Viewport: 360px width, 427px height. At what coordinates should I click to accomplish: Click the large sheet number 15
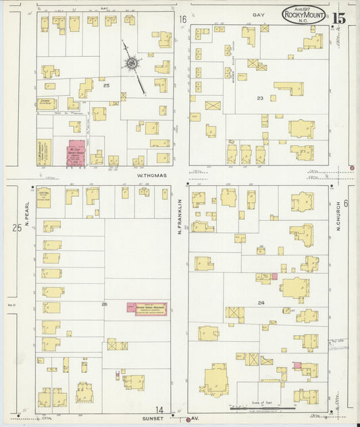point(338,18)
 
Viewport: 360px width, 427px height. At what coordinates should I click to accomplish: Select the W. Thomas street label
point(151,175)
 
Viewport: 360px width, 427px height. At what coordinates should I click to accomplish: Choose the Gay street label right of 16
point(259,14)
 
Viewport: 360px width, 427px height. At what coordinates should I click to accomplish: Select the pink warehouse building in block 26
point(147,307)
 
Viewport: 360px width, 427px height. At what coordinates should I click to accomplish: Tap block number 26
point(104,304)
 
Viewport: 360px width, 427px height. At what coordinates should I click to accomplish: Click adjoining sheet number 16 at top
point(182,20)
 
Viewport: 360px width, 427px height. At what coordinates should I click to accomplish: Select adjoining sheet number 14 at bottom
point(159,409)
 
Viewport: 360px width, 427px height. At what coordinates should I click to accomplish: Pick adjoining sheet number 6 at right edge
point(345,203)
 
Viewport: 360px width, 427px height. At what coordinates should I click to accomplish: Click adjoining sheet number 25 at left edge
point(16,228)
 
